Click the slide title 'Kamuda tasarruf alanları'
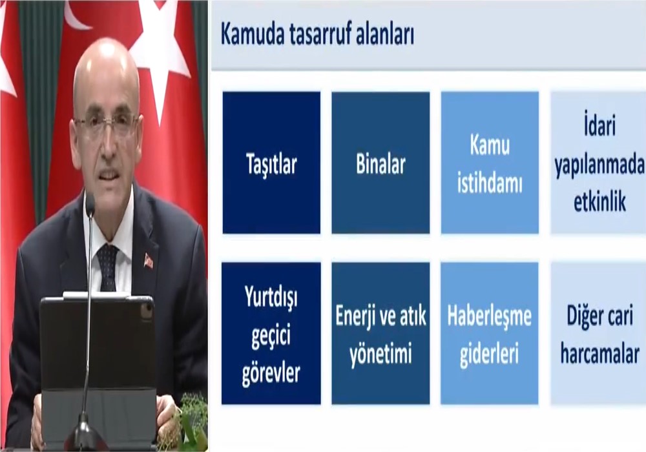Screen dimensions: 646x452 (x=317, y=35)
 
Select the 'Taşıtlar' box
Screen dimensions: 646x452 (x=271, y=163)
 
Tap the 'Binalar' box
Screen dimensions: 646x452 (x=380, y=163)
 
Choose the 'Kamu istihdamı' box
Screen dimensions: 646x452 (x=490, y=163)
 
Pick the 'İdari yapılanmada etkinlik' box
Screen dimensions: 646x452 (x=598, y=163)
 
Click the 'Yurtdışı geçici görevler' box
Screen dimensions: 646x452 (x=271, y=333)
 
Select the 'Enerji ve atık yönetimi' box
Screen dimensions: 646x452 (x=380, y=333)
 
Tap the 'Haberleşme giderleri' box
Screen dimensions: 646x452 (x=490, y=333)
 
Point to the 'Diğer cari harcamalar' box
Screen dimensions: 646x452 (x=598, y=333)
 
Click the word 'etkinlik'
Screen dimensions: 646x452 (x=600, y=201)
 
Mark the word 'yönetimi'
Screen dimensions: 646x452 (x=380, y=354)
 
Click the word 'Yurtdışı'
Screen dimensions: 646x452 (x=271, y=296)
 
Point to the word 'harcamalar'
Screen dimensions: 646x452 (x=600, y=354)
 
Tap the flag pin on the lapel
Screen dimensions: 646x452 (x=149, y=261)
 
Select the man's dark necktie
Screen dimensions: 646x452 (x=108, y=267)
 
